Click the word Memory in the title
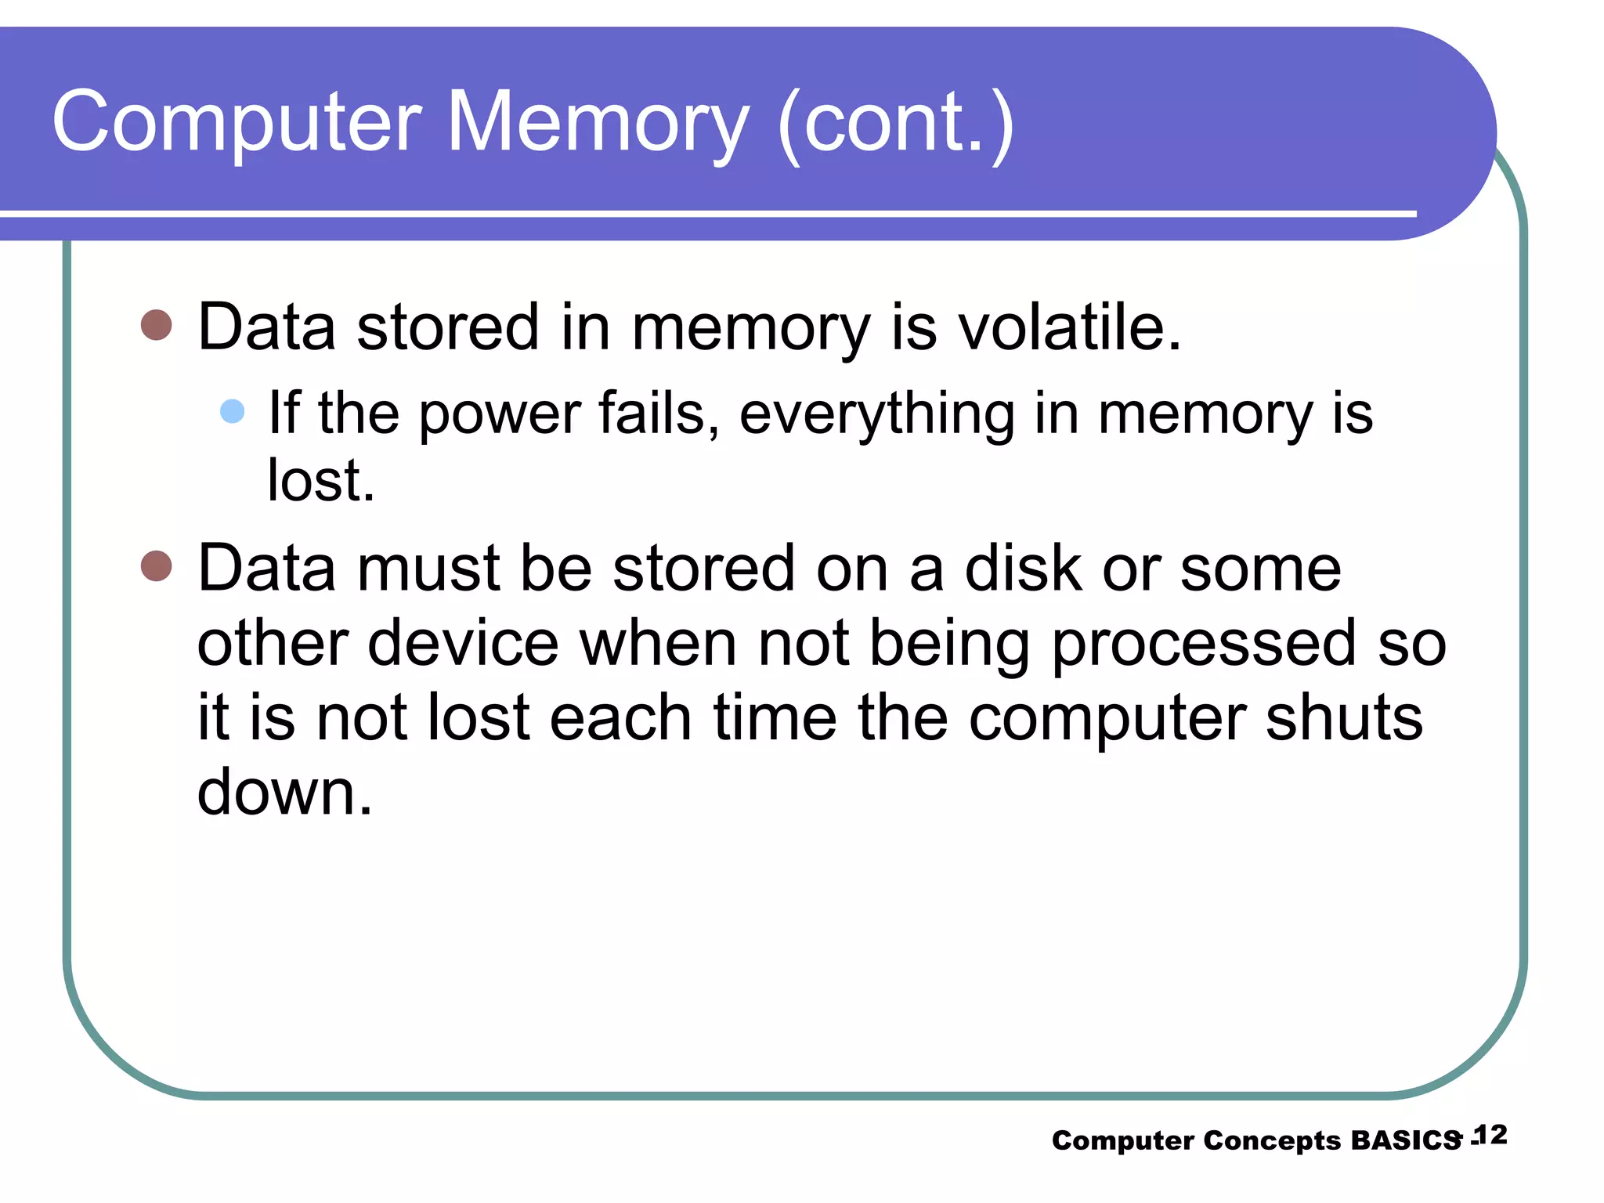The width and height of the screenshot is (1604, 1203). click(598, 123)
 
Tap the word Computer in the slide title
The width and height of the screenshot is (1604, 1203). click(237, 123)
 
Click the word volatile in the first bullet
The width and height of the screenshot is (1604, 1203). click(1070, 327)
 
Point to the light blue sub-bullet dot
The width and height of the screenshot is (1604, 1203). click(233, 411)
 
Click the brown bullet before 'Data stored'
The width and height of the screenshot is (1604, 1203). click(157, 325)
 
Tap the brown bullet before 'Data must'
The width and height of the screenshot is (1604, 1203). click(157, 565)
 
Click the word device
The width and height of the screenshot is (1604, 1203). click(464, 643)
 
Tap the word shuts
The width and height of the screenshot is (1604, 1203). click(1344, 718)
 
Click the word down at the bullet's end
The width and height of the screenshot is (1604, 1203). click(284, 792)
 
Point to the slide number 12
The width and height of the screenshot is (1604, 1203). click(1490, 1135)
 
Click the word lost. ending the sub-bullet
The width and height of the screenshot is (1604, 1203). click(321, 480)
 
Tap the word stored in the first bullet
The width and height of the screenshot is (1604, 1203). click(448, 327)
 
